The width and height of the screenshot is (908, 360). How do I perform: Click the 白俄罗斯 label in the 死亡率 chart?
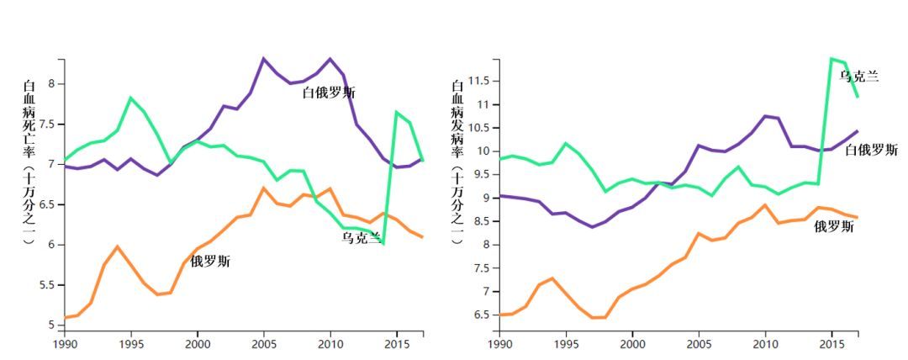[x=329, y=93]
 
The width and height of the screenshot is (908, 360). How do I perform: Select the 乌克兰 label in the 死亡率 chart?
[x=362, y=237]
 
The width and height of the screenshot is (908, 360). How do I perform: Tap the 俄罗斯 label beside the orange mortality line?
[x=210, y=262]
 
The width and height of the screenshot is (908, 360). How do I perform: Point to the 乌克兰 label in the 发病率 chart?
[x=859, y=77]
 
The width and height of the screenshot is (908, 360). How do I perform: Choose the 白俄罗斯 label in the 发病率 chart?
[x=871, y=150]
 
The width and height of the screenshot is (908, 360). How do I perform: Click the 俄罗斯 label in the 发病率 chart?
[x=834, y=226]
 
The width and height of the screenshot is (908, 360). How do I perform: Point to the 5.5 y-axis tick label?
[x=46, y=285]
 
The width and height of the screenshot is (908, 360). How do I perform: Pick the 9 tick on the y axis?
[x=485, y=198]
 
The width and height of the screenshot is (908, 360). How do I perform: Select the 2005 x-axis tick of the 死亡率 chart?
[x=263, y=343]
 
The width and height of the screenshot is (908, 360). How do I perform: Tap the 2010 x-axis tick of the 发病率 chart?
[x=765, y=343]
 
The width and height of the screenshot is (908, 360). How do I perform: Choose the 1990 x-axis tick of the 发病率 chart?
[x=499, y=343]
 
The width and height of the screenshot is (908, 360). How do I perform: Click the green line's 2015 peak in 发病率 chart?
[x=831, y=59]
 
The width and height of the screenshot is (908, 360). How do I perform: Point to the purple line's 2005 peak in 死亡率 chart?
[x=263, y=59]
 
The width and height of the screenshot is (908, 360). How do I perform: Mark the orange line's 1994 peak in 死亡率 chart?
[x=117, y=246]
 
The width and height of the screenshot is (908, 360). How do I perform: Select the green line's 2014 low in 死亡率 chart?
[x=383, y=243]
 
